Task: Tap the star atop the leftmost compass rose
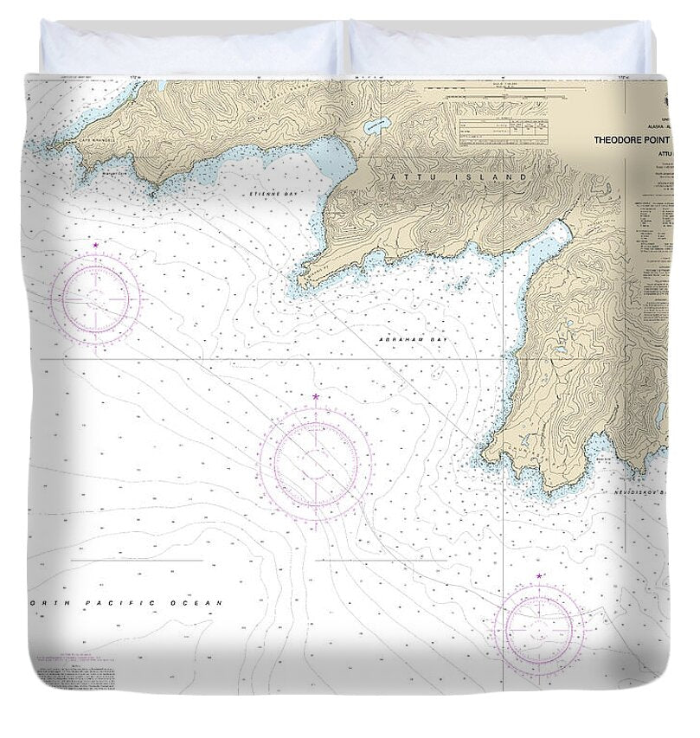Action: [95, 247]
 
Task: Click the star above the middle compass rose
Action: [316, 397]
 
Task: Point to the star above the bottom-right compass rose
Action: [539, 575]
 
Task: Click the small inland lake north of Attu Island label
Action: [374, 126]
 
